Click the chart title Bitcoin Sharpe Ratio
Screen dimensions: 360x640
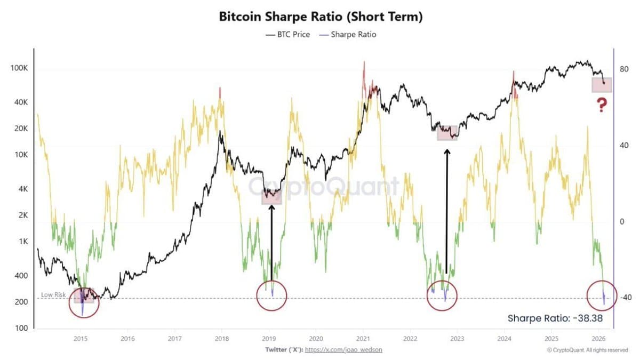321,17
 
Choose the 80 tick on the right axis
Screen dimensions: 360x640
622,69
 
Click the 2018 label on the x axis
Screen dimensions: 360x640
221,338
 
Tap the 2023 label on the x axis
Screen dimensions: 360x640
457,338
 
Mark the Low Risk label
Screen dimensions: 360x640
53,294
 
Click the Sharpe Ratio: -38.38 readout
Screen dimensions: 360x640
555,318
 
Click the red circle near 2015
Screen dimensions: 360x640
83,302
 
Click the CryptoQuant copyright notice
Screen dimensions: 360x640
587,350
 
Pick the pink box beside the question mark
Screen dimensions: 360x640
602,84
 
